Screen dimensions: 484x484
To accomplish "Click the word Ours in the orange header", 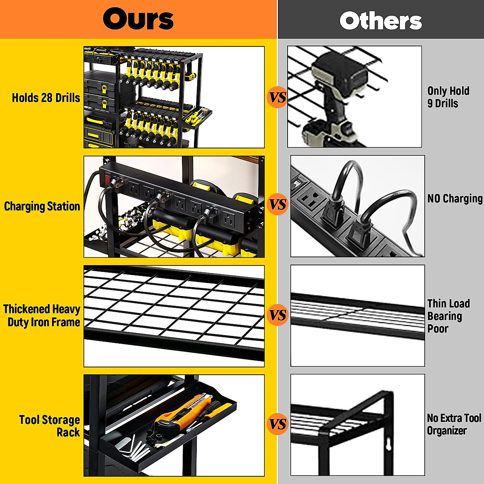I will (138, 19).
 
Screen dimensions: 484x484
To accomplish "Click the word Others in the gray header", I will (381, 21).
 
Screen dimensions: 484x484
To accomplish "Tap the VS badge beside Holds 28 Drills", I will (277, 97).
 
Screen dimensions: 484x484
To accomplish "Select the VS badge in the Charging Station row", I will (277, 204).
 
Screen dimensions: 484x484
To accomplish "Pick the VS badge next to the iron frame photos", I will (277, 315).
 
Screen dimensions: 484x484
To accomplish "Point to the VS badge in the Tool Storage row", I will (277, 424).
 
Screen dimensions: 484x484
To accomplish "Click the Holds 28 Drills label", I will (46, 98).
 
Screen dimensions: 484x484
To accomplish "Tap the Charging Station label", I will (42, 207).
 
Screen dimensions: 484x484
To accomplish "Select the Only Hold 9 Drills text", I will (448, 97).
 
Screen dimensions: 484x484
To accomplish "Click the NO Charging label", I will (455, 199).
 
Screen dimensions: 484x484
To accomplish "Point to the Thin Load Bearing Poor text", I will (448, 316).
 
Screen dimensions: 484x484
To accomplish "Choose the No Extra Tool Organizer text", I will (454, 424).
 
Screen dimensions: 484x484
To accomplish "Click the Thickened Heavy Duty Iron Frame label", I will (42, 315).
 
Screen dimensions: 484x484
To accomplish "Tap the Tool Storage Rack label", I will (50, 426).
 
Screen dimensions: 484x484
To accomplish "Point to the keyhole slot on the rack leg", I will (388, 445).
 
